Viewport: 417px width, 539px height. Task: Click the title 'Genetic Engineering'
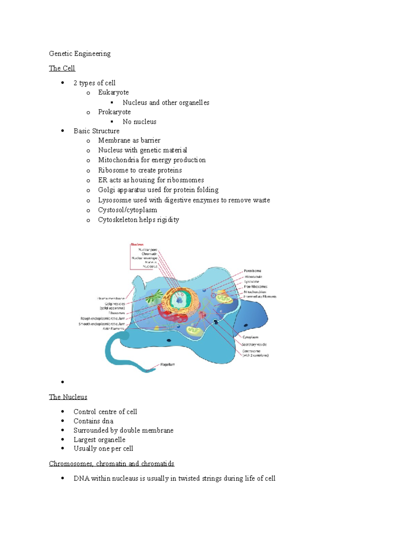click(80, 53)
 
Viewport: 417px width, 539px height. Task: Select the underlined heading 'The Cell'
click(62, 68)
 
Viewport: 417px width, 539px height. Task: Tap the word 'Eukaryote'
click(113, 92)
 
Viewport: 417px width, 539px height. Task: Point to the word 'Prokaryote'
click(114, 112)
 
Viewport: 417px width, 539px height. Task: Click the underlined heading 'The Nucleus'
click(68, 397)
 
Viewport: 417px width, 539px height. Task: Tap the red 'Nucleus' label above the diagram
click(137, 244)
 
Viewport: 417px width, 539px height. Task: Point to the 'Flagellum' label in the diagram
click(167, 364)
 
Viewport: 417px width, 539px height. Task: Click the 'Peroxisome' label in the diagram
click(253, 271)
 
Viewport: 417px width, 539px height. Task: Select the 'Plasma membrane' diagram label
click(111, 298)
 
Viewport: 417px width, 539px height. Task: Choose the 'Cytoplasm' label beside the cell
click(250, 337)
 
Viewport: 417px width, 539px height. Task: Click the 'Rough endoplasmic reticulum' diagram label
click(103, 318)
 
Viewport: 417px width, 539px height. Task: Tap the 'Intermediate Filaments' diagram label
click(260, 297)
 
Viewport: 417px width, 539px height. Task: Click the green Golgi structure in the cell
click(154, 297)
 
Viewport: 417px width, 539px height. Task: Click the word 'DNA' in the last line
click(81, 478)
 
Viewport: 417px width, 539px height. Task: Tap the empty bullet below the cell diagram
click(63, 382)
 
